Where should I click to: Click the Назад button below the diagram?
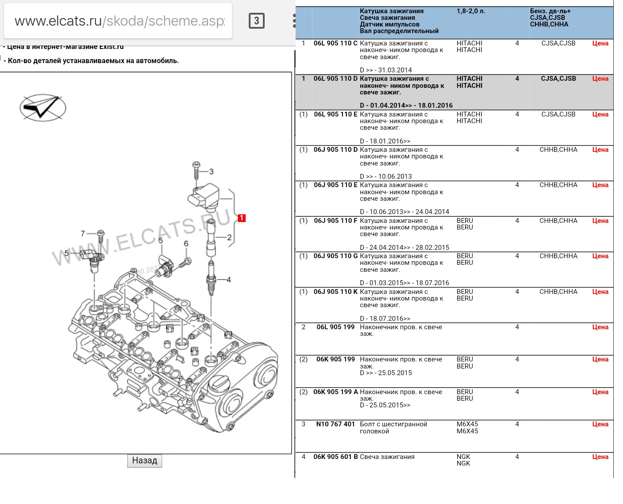click(144, 461)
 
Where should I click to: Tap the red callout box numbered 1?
click(241, 218)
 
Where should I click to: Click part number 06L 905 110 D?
click(335, 79)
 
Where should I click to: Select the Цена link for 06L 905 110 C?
click(600, 43)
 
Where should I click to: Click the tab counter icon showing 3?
click(257, 21)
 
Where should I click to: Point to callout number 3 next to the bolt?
click(211, 172)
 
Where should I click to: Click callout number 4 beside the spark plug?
click(228, 279)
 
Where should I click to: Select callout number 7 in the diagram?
click(83, 233)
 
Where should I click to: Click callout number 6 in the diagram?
click(186, 244)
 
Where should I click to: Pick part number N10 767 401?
click(335, 424)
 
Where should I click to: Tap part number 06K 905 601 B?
click(335, 457)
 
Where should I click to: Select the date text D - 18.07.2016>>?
click(385, 318)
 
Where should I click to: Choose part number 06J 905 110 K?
click(335, 292)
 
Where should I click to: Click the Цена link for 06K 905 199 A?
click(600, 392)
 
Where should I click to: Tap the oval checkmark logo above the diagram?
click(43, 107)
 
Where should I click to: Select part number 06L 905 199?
click(335, 327)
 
